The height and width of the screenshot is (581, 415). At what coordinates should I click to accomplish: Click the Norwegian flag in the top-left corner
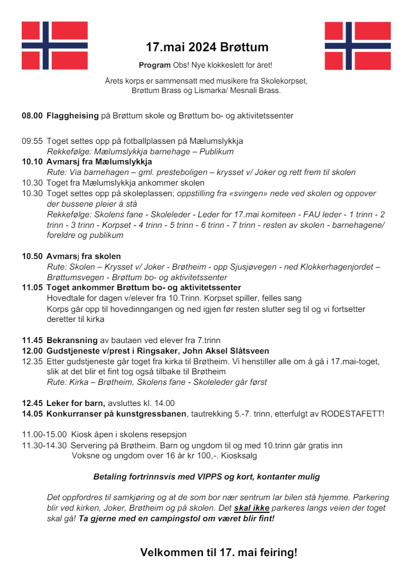pos(55,45)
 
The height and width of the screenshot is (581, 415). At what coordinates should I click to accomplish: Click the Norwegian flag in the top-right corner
pos(358,45)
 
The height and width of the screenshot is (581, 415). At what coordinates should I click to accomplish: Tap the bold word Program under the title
pos(155,65)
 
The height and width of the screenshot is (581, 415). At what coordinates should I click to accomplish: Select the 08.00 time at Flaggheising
pos(32,115)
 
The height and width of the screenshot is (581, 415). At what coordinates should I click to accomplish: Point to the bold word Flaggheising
pos(73,115)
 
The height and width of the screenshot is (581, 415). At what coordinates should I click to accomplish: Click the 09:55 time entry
pos(32,141)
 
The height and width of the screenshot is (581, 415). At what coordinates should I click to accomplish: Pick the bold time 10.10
pos(32,162)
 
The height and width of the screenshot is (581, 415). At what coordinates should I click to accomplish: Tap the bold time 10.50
pos(32,256)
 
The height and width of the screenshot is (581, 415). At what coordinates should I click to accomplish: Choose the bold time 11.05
pos(32,288)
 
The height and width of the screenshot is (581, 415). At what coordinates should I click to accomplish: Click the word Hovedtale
pos(66,298)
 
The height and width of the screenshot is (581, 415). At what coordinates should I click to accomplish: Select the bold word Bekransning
pos(72,340)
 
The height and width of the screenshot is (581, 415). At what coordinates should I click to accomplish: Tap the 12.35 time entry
pos(32,362)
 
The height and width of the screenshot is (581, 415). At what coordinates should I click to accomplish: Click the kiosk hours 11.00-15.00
pos(44,435)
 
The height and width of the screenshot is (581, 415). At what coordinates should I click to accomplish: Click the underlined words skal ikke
pos(252,508)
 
